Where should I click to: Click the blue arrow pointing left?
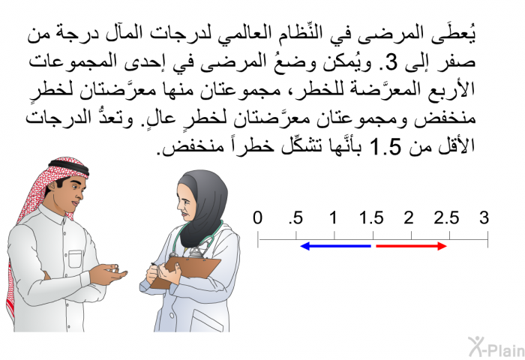pyautogui.click(x=335, y=247)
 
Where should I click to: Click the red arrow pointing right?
pyautogui.click(x=412, y=247)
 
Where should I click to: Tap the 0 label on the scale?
pyautogui.click(x=257, y=217)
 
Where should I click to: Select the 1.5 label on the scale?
pyautogui.click(x=371, y=218)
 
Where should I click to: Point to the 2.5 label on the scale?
pyautogui.click(x=447, y=218)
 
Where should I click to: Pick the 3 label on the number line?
pyautogui.click(x=484, y=217)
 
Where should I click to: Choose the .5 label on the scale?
pyautogui.click(x=296, y=218)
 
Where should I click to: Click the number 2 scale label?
pyautogui.click(x=409, y=217)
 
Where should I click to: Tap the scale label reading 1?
pyautogui.click(x=333, y=217)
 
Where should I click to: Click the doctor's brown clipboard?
pyautogui.click(x=186, y=271)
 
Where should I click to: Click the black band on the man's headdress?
pyautogui.click(x=69, y=166)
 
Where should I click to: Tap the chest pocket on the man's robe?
pyautogui.click(x=75, y=259)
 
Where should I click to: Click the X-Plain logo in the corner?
pyautogui.click(x=496, y=347)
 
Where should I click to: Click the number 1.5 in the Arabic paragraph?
pyautogui.click(x=385, y=146)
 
